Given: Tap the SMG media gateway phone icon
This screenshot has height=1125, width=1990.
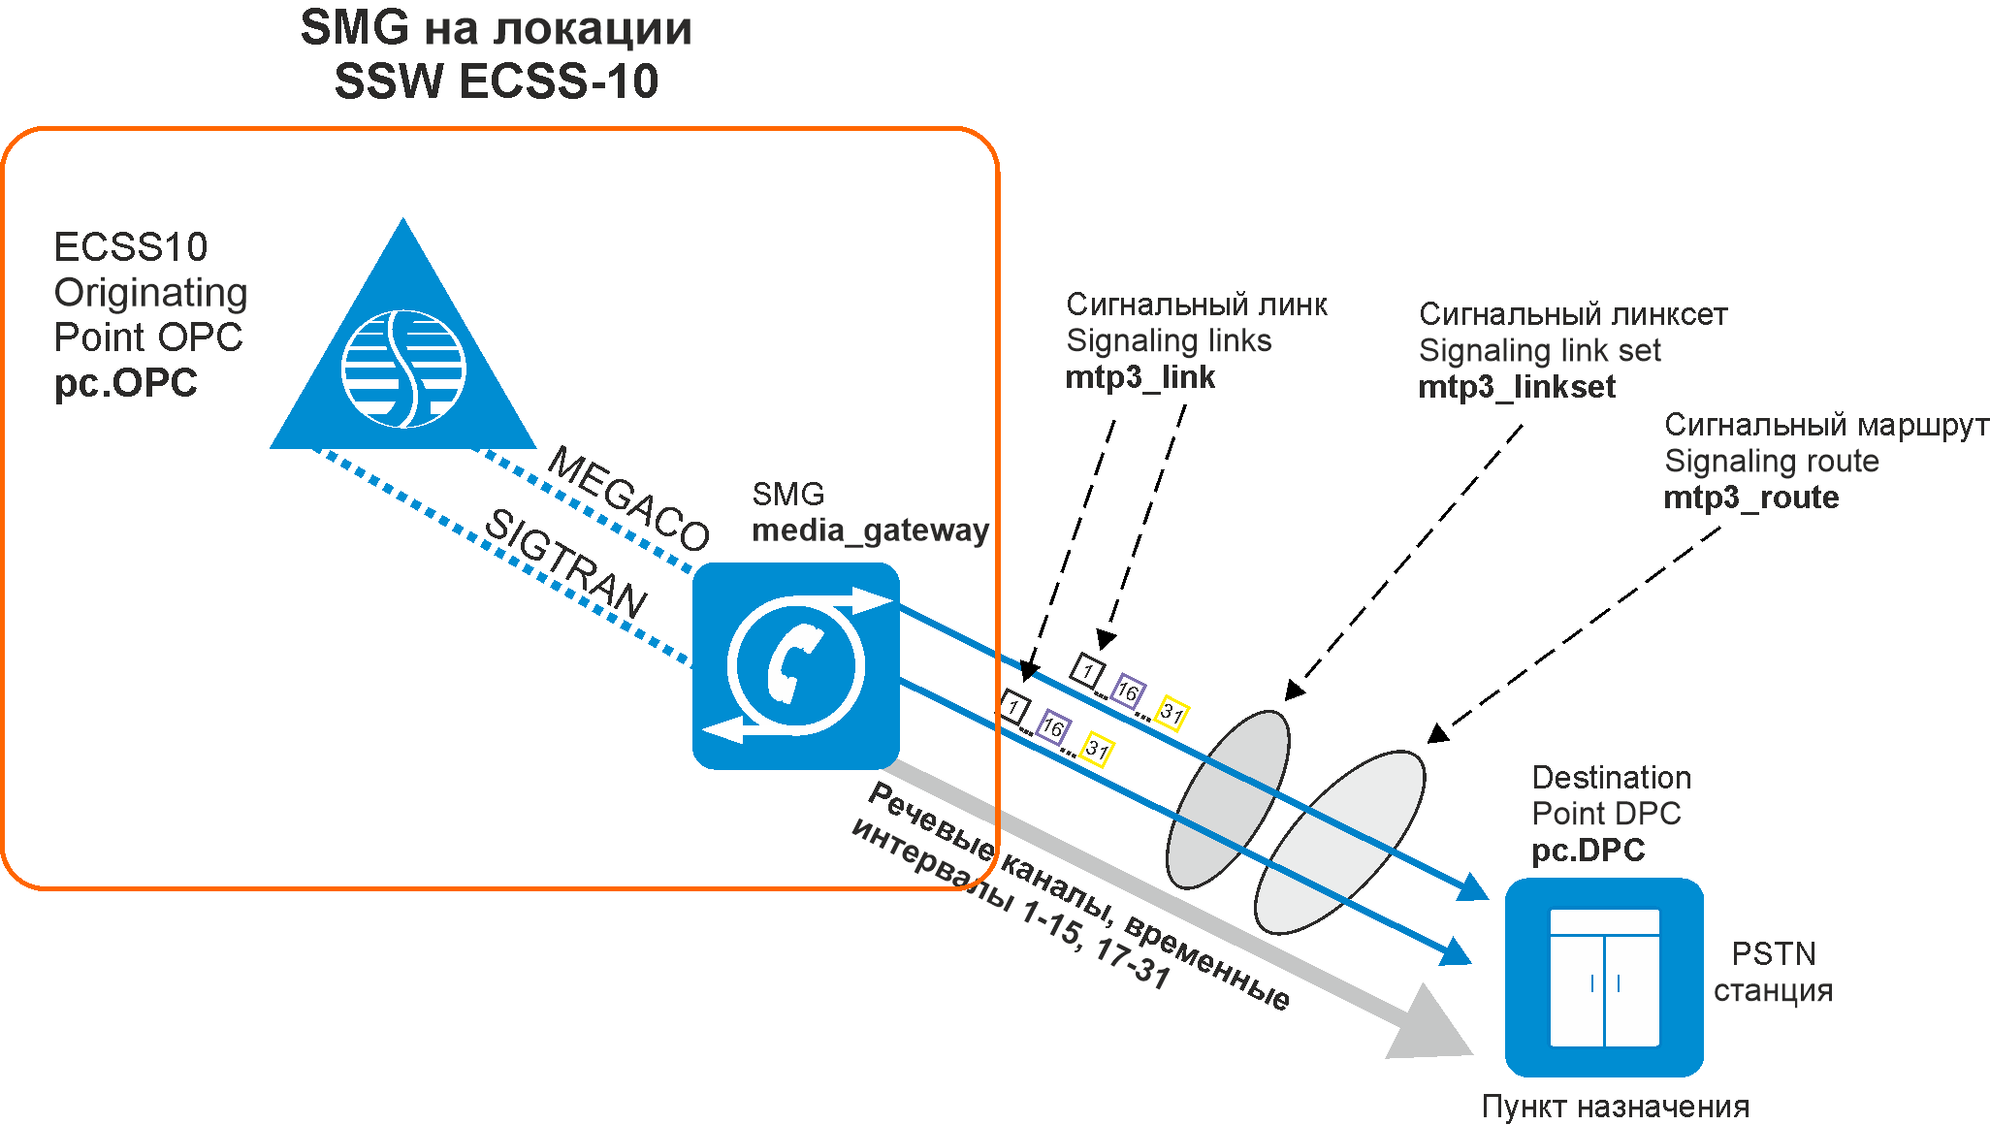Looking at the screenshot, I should pyautogui.click(x=796, y=665).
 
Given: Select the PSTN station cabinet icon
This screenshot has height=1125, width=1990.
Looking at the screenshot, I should pyautogui.click(x=1604, y=978).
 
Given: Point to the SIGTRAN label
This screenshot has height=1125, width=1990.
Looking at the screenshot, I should pyautogui.click(x=565, y=562).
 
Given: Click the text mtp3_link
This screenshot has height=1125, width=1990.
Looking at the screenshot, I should pyautogui.click(x=1139, y=377).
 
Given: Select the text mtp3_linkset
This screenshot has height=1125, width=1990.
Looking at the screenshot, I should pyautogui.click(x=1517, y=387).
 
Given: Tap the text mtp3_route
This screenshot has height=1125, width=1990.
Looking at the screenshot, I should pyautogui.click(x=1751, y=498).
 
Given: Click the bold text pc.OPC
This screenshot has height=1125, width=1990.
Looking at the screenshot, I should pyautogui.click(x=125, y=384).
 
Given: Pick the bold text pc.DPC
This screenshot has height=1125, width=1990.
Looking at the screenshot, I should pyautogui.click(x=1589, y=851).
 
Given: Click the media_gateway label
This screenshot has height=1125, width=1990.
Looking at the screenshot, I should pyautogui.click(x=871, y=530).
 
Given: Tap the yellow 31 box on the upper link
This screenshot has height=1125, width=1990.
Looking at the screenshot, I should pyautogui.click(x=1172, y=713).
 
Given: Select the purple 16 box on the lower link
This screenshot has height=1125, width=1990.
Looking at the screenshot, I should pyautogui.click(x=1053, y=726).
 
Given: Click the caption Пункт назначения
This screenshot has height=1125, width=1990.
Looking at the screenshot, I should pyautogui.click(x=1616, y=1107).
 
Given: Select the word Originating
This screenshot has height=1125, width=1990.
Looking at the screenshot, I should pyautogui.click(x=151, y=292).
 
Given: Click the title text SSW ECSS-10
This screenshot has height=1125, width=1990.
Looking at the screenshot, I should pyautogui.click(x=497, y=81).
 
